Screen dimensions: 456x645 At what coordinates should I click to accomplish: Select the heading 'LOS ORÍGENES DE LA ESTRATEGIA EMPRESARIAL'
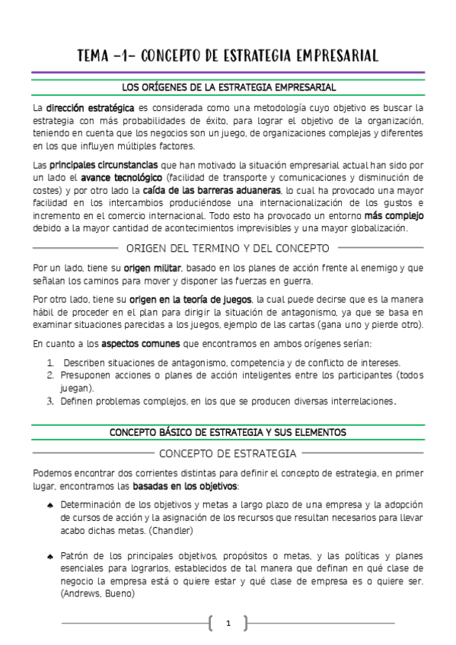(x=228, y=87)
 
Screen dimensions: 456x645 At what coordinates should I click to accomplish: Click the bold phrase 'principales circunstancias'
(x=104, y=165)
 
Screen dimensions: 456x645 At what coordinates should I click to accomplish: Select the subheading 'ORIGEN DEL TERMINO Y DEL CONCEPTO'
(x=228, y=248)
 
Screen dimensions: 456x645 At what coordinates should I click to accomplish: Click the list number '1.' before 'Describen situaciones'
(x=50, y=363)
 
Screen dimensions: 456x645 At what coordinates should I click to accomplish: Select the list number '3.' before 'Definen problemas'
(x=50, y=401)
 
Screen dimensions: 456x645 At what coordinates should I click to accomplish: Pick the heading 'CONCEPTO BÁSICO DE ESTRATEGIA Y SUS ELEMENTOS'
(x=228, y=432)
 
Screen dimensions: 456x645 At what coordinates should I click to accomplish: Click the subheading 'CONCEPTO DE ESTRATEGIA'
(x=228, y=454)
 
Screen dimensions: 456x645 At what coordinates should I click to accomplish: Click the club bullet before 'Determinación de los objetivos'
(x=49, y=505)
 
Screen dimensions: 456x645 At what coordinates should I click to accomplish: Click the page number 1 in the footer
(x=228, y=624)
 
